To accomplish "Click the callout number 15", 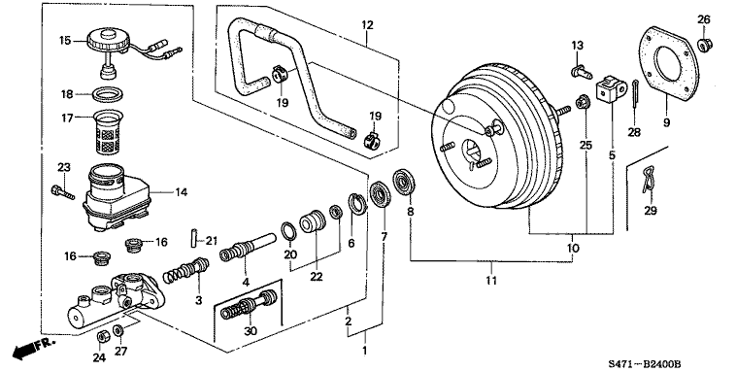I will (66, 40).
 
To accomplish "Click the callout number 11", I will (491, 281).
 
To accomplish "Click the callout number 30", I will (250, 331).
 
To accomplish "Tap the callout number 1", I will (365, 351).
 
